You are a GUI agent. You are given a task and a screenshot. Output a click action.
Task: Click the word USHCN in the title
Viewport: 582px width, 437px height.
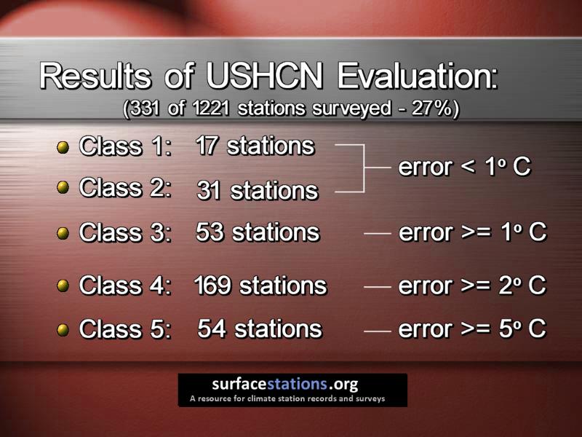coord(265,76)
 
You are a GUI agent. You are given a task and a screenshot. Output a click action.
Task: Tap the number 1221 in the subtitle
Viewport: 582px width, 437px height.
coord(211,109)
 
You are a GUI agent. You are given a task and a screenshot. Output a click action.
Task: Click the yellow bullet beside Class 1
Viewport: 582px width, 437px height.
coord(63,148)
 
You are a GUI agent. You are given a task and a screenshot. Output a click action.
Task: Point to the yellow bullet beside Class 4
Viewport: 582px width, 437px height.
coord(63,286)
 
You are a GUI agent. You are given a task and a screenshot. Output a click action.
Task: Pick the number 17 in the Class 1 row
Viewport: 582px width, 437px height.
coord(207,146)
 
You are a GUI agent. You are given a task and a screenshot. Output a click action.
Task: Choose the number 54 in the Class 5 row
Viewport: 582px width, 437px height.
coord(212,329)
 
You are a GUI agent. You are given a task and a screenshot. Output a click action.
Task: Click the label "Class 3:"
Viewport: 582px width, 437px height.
coord(125,233)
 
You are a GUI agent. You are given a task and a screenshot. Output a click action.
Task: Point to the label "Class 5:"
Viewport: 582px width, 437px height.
coord(125,330)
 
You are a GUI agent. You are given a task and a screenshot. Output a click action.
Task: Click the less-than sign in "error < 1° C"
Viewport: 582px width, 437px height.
coord(469,167)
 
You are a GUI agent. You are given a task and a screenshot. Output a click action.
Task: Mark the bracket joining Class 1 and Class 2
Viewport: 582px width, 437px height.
coord(364,168)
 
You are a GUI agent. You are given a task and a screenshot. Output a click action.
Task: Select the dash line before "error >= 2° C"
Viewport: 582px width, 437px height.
coord(378,287)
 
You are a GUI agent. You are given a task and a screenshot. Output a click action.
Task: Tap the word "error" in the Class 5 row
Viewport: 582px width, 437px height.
coord(426,330)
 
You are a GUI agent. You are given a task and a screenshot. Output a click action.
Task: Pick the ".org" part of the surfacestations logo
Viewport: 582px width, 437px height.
coord(343,385)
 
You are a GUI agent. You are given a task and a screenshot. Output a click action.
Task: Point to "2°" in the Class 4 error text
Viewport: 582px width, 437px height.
coord(511,286)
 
